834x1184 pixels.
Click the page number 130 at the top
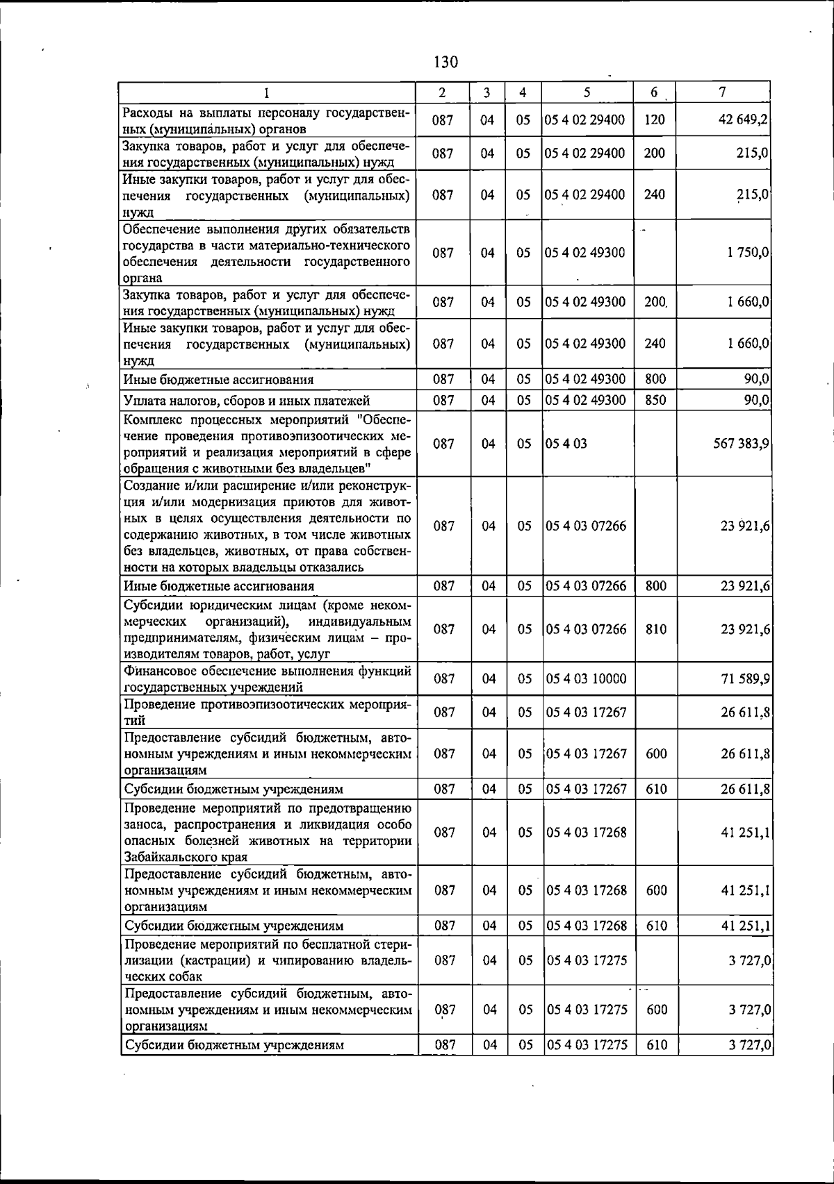[445, 62]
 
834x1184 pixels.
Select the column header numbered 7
[723, 92]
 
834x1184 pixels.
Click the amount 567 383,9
[739, 443]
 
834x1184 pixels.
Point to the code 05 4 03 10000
[586, 678]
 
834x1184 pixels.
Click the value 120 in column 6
[655, 119]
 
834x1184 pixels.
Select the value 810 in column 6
[656, 629]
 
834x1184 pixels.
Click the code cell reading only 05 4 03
[566, 443]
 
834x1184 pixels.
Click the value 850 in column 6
[655, 400]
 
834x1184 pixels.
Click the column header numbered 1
[267, 92]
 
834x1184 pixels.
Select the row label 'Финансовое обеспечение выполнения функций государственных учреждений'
[267, 678]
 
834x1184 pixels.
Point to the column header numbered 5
[587, 92]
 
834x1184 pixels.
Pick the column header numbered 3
[488, 92]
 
